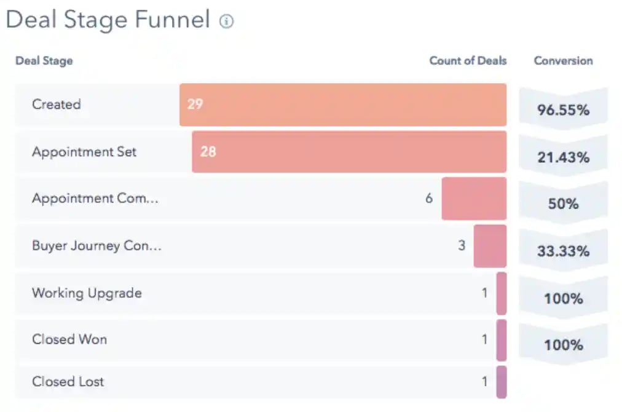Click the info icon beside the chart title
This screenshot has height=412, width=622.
227,22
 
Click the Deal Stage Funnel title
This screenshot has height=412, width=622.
108,20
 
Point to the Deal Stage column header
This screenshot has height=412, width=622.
44,61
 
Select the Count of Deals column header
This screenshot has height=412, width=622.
468,61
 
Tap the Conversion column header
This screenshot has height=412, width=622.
563,61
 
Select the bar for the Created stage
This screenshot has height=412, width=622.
343,105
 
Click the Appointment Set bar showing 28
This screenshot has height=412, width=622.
349,151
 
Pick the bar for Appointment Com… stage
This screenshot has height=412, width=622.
474,199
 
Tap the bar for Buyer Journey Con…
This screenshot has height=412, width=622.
490,246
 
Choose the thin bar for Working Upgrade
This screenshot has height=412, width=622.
502,293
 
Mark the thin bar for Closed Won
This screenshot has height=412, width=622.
502,339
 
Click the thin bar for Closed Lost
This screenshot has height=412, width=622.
502,382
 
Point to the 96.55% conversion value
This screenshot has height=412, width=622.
563,110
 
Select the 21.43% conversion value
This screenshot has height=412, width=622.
563,157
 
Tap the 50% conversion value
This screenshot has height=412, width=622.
563,204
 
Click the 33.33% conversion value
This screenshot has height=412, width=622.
563,252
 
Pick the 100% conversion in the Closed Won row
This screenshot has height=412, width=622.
563,345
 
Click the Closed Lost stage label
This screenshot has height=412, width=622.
68,382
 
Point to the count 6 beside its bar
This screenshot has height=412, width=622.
429,199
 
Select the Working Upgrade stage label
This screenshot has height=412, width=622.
87,293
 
